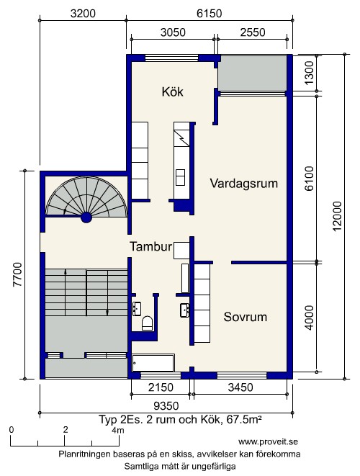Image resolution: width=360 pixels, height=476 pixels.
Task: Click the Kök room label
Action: tap(172, 91)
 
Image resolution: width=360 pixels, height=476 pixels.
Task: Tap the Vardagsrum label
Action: tap(244, 184)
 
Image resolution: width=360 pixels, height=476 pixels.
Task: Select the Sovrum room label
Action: tap(246, 317)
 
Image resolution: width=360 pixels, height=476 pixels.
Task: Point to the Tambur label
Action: tap(151, 246)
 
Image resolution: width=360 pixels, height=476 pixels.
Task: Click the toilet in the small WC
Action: tap(147, 323)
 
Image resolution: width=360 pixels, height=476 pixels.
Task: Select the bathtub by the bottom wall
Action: tap(153, 362)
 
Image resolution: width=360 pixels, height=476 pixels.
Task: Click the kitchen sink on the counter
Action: tap(180, 177)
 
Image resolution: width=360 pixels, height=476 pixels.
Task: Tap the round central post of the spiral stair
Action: tap(86, 217)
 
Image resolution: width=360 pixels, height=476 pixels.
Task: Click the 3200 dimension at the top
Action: tap(83, 14)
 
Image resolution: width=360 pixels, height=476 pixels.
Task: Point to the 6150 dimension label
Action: tap(209, 14)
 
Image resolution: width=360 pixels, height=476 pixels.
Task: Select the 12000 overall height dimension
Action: tap(337, 216)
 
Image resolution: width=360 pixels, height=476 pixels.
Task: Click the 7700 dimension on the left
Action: tap(17, 274)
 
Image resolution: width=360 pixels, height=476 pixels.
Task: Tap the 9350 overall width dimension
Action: tap(166, 405)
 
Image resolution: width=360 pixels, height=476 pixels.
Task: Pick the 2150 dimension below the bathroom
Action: tap(161, 387)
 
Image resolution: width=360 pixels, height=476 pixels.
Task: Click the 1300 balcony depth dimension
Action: tap(309, 73)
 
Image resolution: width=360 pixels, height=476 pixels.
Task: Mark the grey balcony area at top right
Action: tap(253, 73)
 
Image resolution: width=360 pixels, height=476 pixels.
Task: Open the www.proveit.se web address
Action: tap(268, 441)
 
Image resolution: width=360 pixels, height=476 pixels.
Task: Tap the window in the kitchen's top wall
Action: tap(171, 58)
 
